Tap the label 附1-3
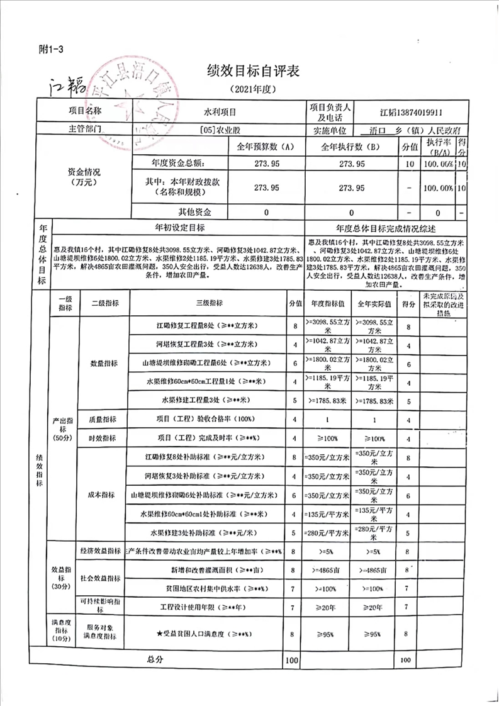pyautogui.click(x=52, y=50)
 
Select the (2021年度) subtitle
pyautogui.click(x=250, y=89)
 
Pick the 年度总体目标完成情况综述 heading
pyautogui.click(x=386, y=228)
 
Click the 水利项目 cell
pyautogui.click(x=218, y=112)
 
